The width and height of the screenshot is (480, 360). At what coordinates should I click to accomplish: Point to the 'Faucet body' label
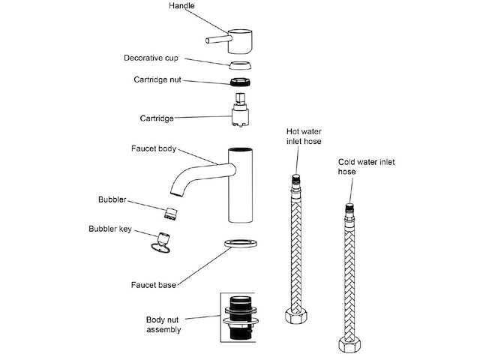(153, 148)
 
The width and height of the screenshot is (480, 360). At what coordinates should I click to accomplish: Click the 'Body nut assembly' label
(163, 324)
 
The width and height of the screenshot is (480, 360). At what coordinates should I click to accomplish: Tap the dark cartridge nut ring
(241, 81)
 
